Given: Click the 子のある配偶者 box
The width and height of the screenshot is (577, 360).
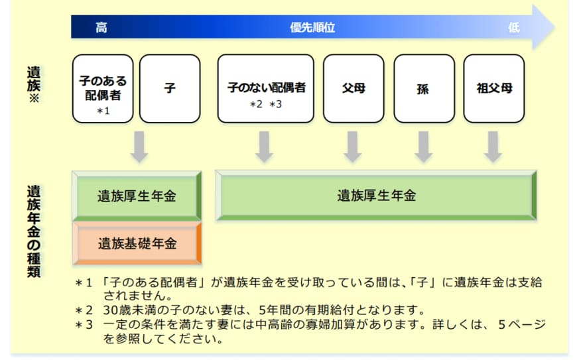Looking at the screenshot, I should [x=103, y=88].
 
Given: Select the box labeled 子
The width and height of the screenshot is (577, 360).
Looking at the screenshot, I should [x=170, y=88].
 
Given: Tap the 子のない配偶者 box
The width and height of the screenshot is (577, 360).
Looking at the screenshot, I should [x=265, y=88].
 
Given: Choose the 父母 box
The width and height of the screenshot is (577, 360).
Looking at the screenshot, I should [x=353, y=88].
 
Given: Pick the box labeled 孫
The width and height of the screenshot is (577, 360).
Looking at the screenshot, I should [x=424, y=88].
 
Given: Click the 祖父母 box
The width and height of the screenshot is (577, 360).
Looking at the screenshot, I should [x=493, y=88].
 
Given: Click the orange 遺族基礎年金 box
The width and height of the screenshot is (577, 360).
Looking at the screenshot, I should [x=137, y=243].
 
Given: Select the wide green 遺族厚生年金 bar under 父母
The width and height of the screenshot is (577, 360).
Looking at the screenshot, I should [x=376, y=196].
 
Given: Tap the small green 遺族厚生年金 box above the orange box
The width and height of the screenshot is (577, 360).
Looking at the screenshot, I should [x=137, y=196].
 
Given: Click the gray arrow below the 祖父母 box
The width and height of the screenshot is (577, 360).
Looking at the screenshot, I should [x=492, y=147].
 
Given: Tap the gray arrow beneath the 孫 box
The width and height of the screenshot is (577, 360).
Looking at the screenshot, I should [x=423, y=147].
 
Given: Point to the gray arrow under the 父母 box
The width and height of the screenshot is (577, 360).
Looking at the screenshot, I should [x=353, y=147].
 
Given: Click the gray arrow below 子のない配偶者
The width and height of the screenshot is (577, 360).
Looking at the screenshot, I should [x=265, y=147].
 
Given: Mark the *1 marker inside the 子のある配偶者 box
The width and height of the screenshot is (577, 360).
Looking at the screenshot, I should [x=103, y=111].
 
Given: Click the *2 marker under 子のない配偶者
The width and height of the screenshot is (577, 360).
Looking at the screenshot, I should [x=255, y=105].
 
